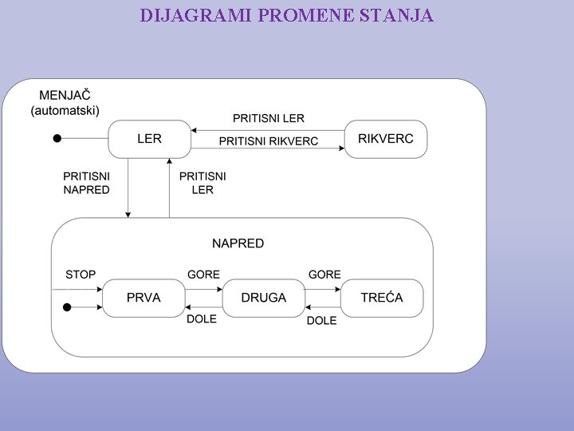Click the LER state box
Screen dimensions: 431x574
coord(149,139)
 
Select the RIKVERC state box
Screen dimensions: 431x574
coord(386,139)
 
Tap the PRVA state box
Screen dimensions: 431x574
coord(143,298)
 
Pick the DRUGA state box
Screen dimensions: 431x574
coord(264,298)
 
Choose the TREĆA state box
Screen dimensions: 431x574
coord(382,298)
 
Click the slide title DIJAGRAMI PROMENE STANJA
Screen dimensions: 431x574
coord(286,15)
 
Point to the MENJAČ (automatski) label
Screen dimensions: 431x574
coord(65,103)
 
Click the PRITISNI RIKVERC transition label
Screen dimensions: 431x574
coord(268,141)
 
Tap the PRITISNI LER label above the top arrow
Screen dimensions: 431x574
coord(268,118)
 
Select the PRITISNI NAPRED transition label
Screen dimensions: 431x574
coord(86,183)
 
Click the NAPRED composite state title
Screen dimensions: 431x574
coord(238,243)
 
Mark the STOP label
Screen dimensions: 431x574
coord(81,275)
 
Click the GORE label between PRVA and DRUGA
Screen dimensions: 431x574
coord(203,275)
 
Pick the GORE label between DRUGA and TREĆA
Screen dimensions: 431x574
coord(324,275)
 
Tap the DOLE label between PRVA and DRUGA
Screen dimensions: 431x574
coord(202,319)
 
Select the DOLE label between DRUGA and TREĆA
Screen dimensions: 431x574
coord(321,320)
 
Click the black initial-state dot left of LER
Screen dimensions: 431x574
coord(57,139)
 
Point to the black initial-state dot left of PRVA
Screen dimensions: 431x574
coord(67,307)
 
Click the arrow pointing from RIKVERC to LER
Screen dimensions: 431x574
coord(268,130)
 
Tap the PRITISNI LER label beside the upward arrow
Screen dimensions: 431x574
coord(202,183)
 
